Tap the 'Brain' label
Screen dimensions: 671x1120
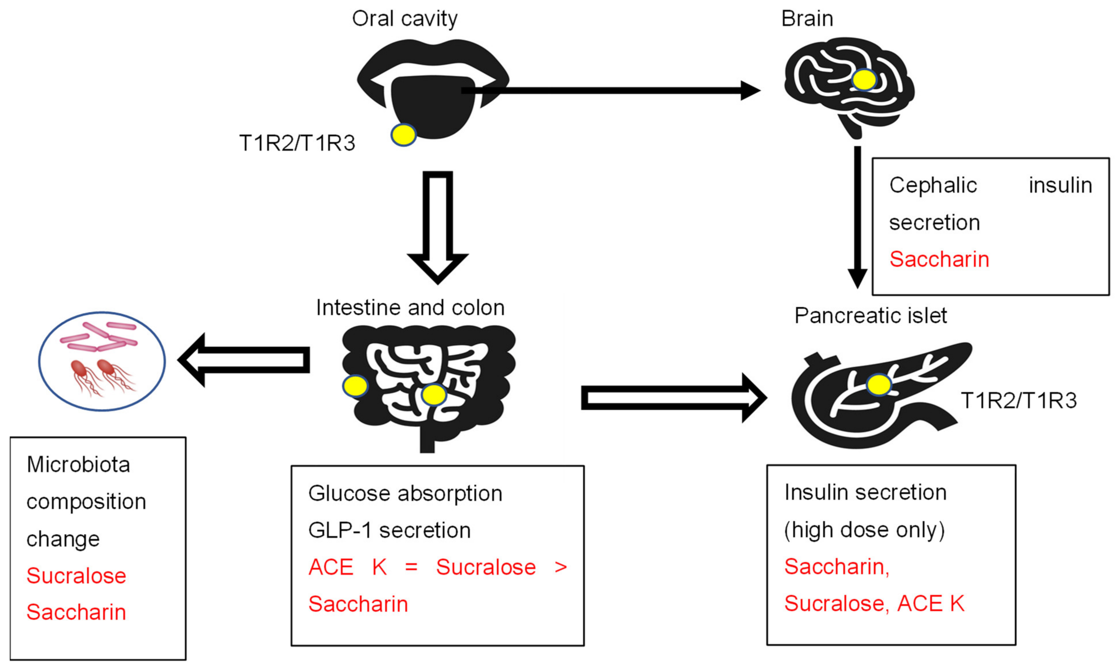click(x=807, y=19)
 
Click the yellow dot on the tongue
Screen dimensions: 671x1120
click(x=403, y=134)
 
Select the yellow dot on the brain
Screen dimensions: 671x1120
click(x=864, y=80)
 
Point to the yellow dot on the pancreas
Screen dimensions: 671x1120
click(x=879, y=385)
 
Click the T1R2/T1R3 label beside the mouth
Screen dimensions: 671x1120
click(x=297, y=143)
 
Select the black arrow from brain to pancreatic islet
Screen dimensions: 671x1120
click(x=857, y=217)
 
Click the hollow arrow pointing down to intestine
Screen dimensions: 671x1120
click(x=438, y=226)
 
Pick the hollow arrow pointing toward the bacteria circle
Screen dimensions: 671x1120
click(x=244, y=360)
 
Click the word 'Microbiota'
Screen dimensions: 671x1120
click(x=78, y=465)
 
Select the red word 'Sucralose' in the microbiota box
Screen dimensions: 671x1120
click(x=76, y=575)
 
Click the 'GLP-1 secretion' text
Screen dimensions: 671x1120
click(x=389, y=530)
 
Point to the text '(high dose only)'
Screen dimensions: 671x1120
click(x=864, y=530)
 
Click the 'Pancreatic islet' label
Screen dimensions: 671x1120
click(x=871, y=316)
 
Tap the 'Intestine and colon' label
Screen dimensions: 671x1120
click(x=410, y=308)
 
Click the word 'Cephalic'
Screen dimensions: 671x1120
click(x=933, y=185)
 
